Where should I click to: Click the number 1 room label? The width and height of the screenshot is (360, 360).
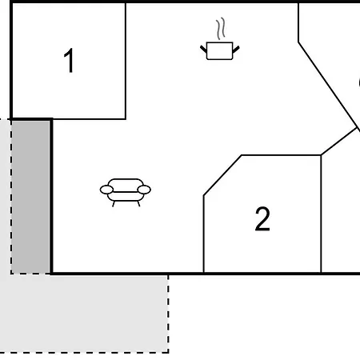click(69, 61)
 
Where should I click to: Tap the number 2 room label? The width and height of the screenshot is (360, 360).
click(262, 219)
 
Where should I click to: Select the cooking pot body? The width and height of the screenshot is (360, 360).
click(219, 50)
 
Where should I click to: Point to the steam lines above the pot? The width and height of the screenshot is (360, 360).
click(221, 29)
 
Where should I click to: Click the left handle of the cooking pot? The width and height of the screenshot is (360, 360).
click(203, 49)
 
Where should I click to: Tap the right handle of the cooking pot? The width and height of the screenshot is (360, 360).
click(236, 50)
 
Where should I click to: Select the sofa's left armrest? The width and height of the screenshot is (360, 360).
click(106, 190)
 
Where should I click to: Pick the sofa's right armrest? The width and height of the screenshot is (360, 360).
click(144, 190)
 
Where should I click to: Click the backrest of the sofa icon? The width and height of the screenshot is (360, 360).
click(126, 183)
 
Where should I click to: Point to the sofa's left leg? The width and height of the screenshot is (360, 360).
click(114, 204)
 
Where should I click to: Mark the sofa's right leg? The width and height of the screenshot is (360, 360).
click(138, 204)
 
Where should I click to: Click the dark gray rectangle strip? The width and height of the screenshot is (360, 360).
click(31, 197)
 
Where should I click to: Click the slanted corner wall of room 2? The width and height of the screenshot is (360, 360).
click(222, 175)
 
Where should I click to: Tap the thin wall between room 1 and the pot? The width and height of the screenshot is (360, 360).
click(126, 61)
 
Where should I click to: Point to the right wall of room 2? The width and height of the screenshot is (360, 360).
click(321, 214)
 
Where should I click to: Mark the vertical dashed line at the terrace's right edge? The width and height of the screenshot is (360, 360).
click(168, 314)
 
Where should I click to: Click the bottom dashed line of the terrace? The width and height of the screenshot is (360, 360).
click(84, 352)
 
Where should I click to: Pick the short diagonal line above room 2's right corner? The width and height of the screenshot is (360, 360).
click(339, 141)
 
